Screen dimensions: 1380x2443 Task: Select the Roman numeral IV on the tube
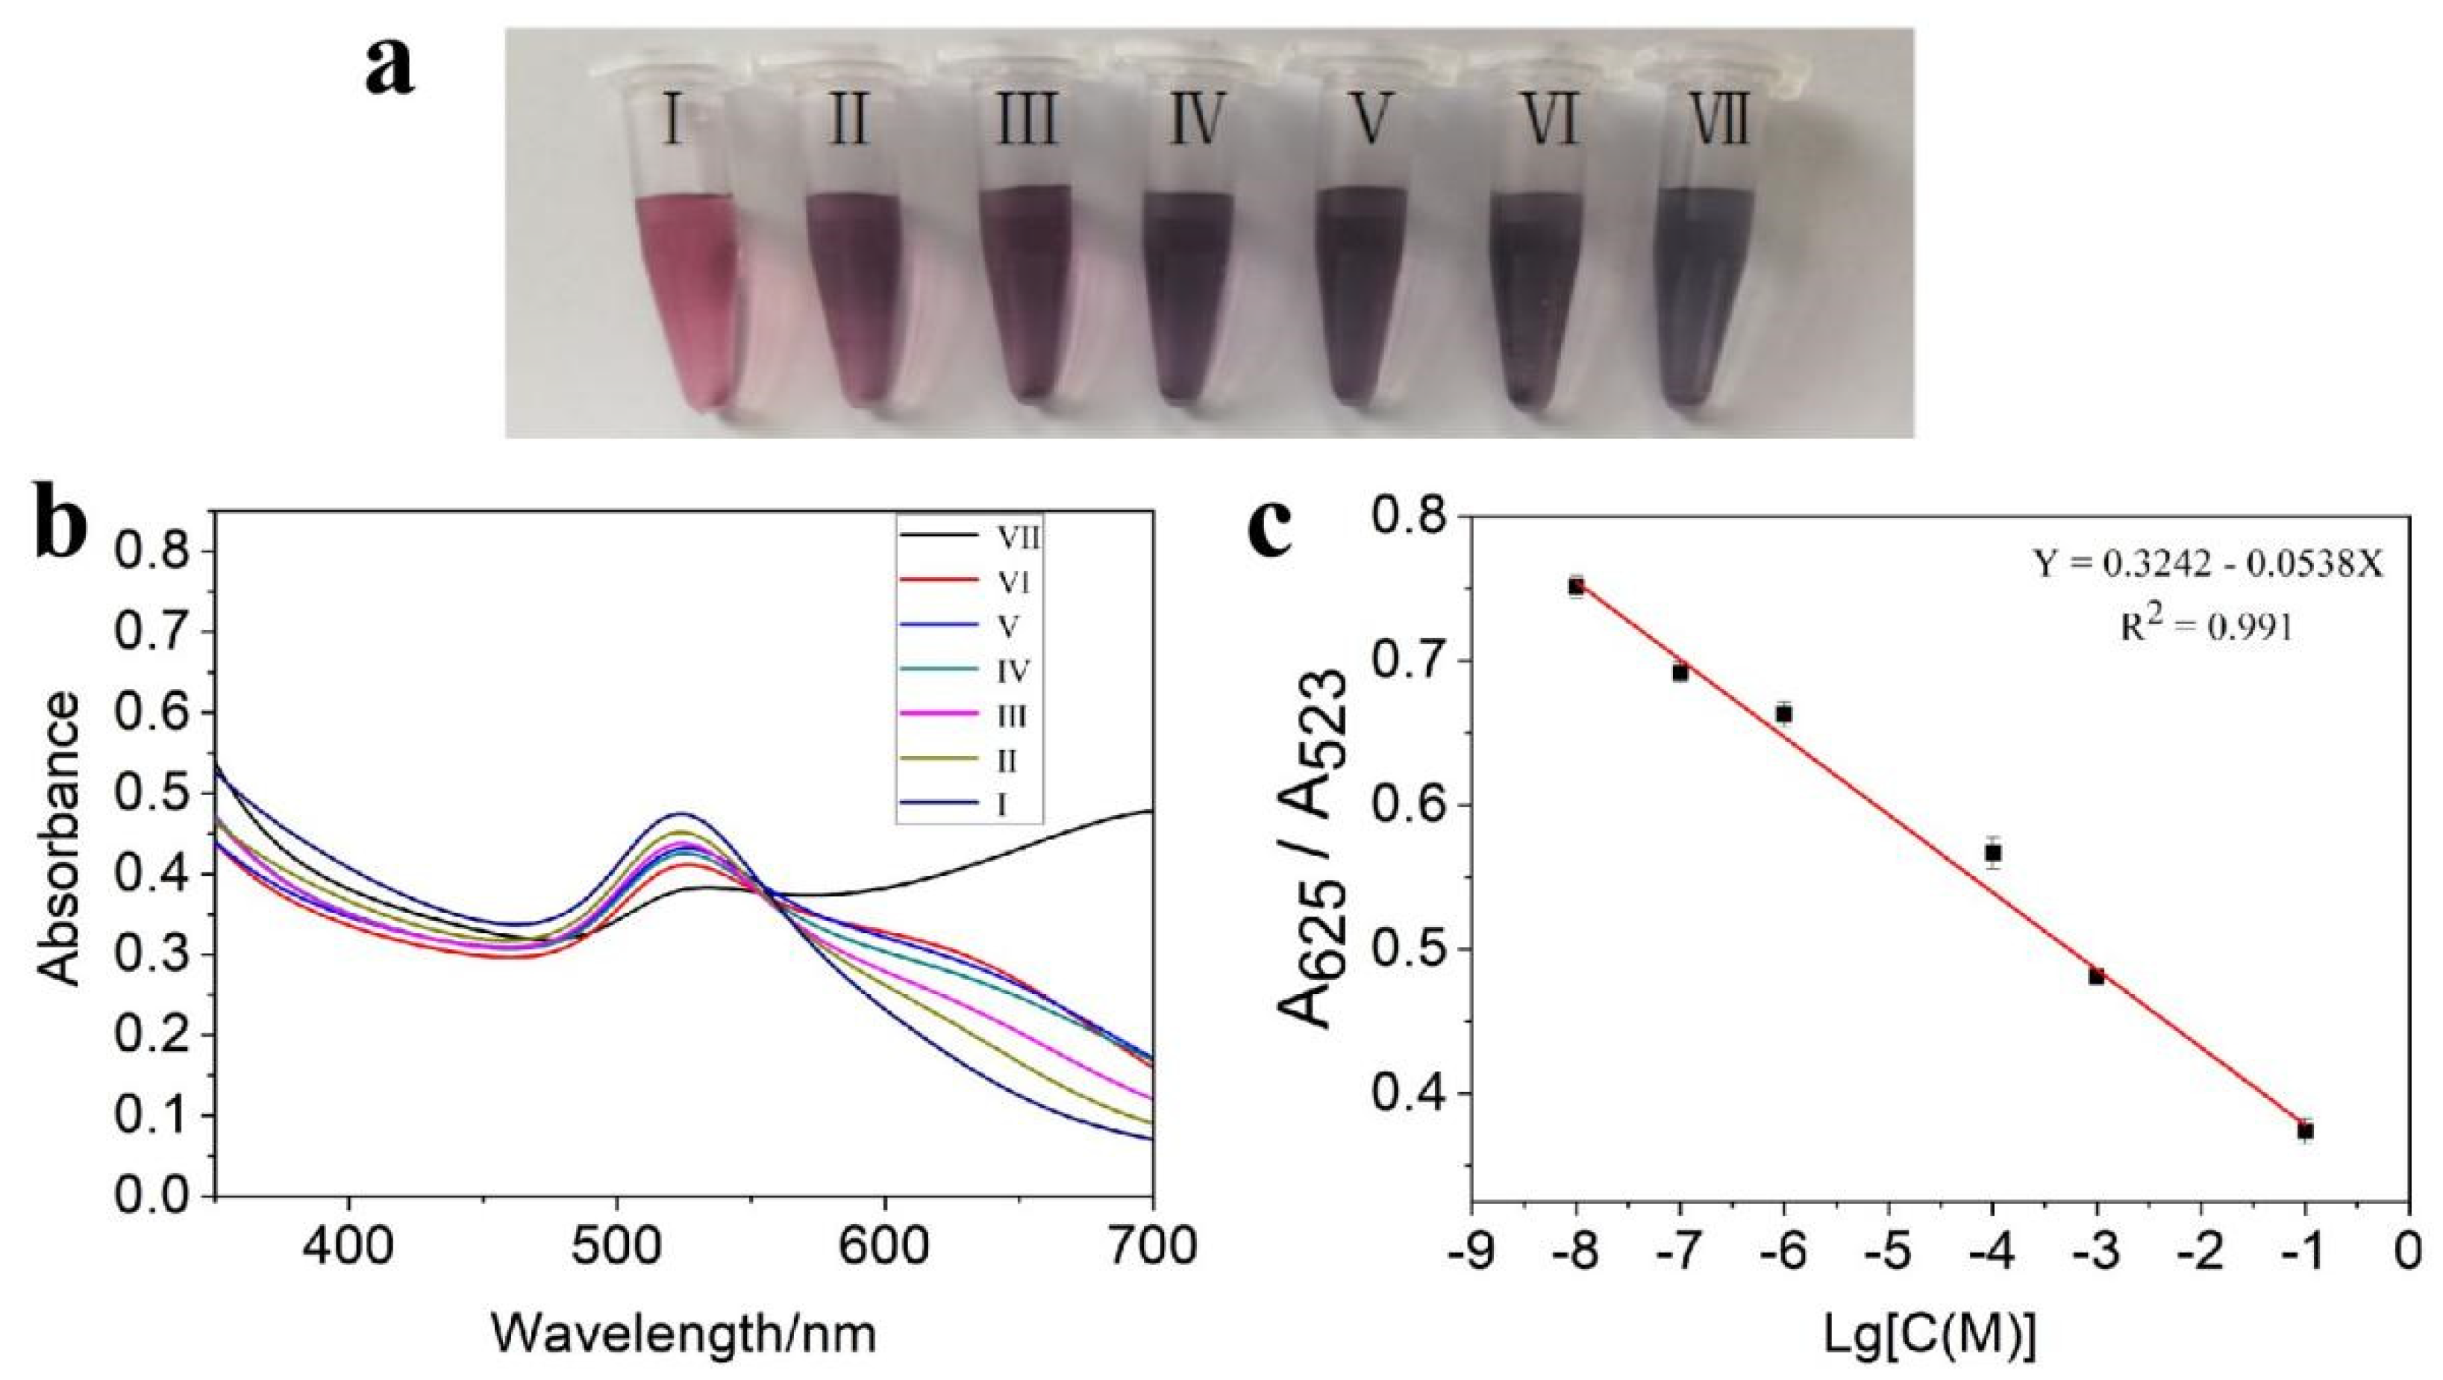pos(1196,122)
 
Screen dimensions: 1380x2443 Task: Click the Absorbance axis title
pos(60,840)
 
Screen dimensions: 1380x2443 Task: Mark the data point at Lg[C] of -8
pos(1576,586)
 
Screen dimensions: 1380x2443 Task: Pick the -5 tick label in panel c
pos(1887,1252)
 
